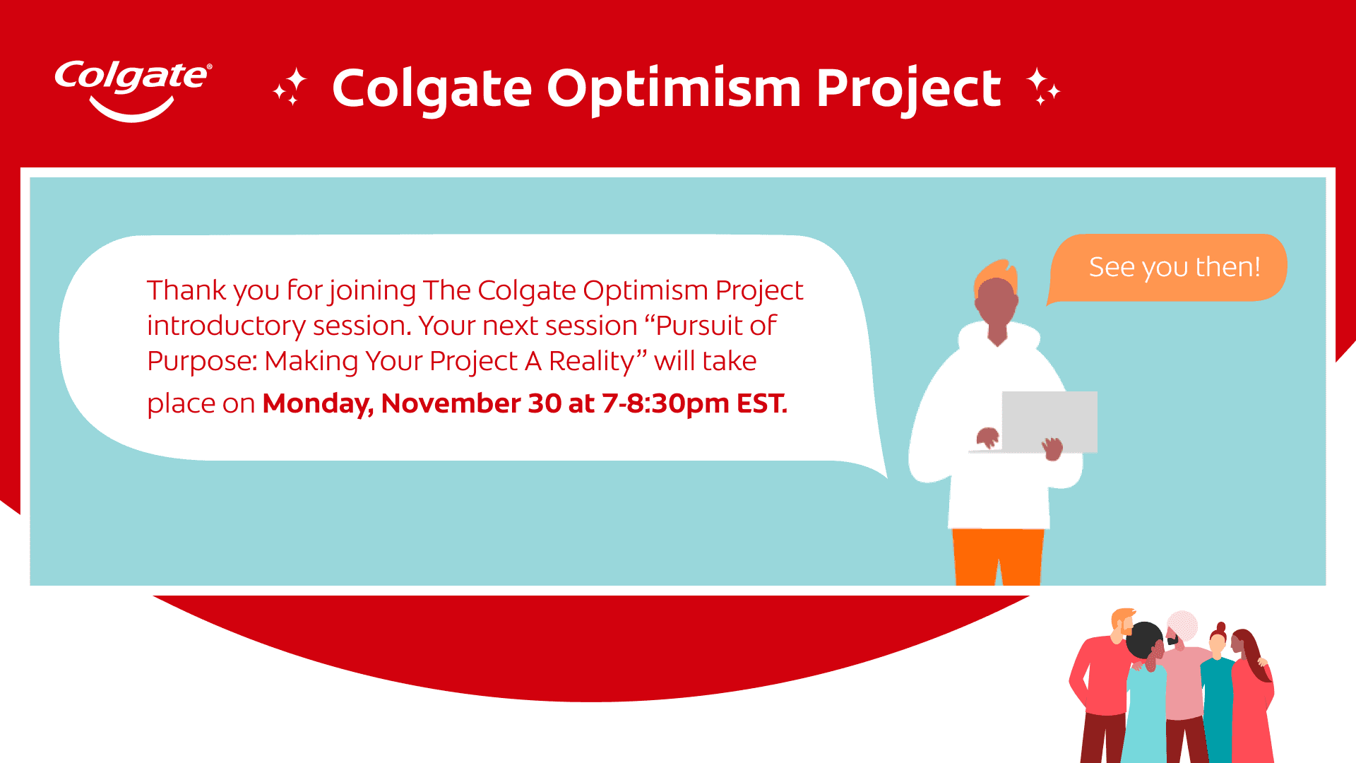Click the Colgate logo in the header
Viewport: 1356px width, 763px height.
click(133, 90)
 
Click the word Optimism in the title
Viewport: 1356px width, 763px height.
click(674, 90)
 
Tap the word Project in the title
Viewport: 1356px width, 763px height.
click(909, 90)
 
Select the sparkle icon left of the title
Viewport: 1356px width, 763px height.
click(290, 87)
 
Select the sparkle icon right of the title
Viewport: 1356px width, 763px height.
click(1043, 86)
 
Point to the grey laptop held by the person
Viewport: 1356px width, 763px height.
click(1049, 422)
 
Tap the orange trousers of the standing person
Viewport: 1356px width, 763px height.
click(998, 557)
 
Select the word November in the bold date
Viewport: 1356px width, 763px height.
click(451, 403)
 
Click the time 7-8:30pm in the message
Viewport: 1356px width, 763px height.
click(666, 404)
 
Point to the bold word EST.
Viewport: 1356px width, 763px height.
click(762, 403)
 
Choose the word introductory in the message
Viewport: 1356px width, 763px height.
click(226, 326)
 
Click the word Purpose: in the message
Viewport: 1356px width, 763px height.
click(202, 362)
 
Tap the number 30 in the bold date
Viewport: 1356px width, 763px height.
click(545, 403)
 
